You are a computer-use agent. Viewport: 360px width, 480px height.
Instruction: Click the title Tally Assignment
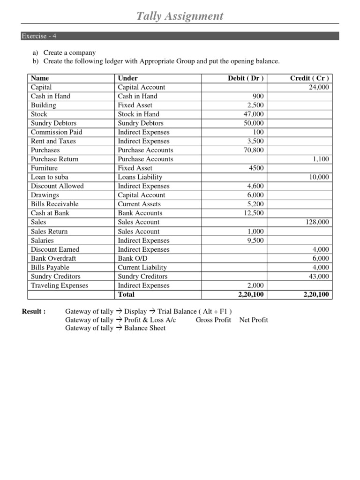180,16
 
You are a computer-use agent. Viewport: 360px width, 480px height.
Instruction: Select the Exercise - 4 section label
40,36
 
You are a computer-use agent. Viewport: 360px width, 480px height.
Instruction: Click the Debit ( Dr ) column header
246,78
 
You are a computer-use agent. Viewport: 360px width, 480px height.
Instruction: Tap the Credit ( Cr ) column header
309,78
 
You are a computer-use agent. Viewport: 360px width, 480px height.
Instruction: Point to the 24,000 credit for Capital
319,87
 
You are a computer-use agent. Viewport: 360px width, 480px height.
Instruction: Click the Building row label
43,105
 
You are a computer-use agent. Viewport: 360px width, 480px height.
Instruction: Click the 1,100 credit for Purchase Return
321,159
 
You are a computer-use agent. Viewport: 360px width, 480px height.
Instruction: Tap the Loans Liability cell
140,177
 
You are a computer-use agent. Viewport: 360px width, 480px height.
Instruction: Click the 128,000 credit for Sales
317,222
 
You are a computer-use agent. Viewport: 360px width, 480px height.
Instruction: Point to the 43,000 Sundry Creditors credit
319,277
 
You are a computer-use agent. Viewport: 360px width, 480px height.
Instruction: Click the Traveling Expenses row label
59,285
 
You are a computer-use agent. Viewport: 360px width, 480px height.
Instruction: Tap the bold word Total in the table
126,294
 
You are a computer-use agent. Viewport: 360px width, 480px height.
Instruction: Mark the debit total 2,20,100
249,294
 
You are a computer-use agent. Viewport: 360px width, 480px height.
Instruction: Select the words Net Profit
254,320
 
